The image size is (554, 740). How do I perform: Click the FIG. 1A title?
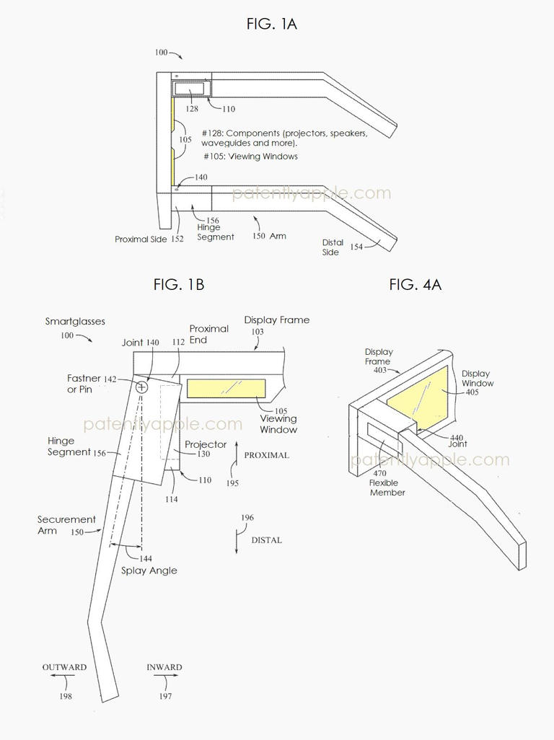[271, 24]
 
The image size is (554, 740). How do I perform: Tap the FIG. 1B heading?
[178, 284]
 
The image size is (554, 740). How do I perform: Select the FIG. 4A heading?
[415, 284]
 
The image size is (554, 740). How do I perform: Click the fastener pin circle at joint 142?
[141, 387]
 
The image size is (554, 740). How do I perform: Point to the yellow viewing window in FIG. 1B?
[226, 388]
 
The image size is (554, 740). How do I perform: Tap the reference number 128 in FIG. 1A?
[191, 109]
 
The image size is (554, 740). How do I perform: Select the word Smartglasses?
[75, 322]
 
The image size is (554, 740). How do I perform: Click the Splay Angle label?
[149, 571]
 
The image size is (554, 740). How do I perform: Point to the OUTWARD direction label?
[64, 667]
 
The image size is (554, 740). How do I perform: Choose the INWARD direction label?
[164, 667]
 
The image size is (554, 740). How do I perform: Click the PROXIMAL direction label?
[266, 455]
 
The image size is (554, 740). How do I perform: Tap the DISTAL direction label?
[266, 539]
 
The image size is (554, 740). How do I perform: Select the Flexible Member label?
[387, 488]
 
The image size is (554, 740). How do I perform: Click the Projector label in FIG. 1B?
[206, 444]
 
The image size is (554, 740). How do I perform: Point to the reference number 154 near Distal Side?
[356, 247]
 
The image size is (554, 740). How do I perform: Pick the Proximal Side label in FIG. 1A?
[141, 239]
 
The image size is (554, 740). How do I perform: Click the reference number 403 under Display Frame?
[379, 371]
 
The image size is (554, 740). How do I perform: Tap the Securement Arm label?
[66, 525]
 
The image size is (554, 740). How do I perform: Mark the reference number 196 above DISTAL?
[247, 518]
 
